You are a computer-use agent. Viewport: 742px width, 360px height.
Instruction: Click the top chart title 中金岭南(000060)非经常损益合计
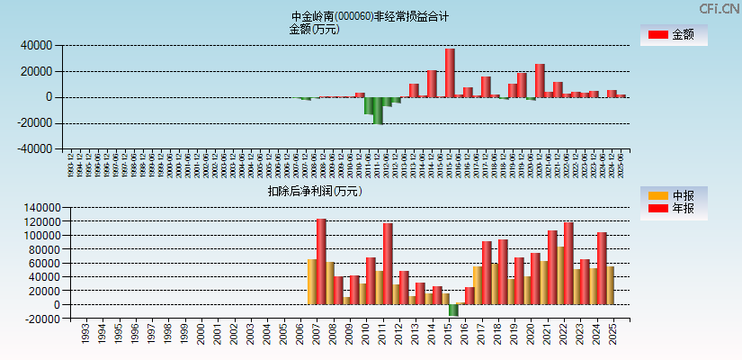[x=370, y=16]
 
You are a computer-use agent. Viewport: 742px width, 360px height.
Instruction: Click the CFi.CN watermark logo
[x=720, y=9]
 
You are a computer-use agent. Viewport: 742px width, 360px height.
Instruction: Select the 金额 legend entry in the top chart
[x=673, y=35]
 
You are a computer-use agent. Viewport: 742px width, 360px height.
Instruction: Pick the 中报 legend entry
[x=673, y=195]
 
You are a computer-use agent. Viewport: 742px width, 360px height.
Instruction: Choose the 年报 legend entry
[x=673, y=209]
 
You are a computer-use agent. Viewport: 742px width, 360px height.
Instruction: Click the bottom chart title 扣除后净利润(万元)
[x=315, y=192]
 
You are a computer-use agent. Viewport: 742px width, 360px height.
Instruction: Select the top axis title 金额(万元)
[x=314, y=29]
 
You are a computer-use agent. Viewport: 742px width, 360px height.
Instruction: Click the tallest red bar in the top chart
[x=450, y=72]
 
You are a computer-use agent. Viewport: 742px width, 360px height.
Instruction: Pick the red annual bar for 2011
[x=388, y=264]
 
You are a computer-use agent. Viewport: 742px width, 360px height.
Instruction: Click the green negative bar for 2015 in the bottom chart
[x=454, y=310]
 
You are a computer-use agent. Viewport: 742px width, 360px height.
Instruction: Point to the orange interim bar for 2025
[x=609, y=285]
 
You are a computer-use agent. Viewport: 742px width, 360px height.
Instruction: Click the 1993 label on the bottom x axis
[x=85, y=335]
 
